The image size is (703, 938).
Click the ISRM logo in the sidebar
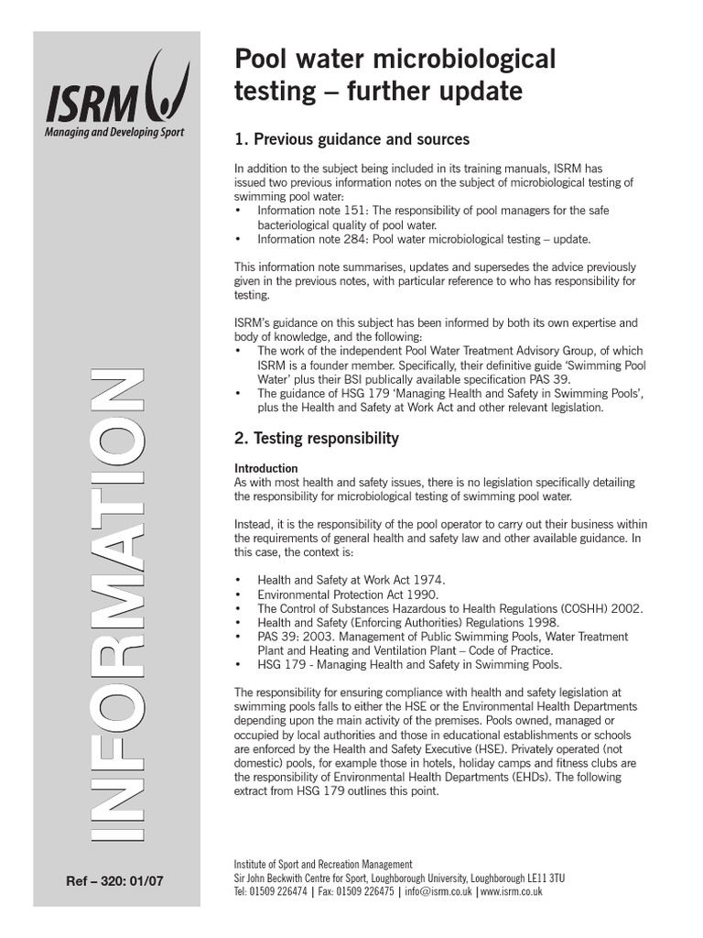[x=118, y=92]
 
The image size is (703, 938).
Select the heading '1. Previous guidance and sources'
[x=351, y=139]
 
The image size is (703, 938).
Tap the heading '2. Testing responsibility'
[x=317, y=438]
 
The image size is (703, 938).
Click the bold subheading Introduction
[x=266, y=468]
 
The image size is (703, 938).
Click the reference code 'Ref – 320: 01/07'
[x=116, y=881]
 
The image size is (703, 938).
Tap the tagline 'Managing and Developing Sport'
[x=115, y=132]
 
